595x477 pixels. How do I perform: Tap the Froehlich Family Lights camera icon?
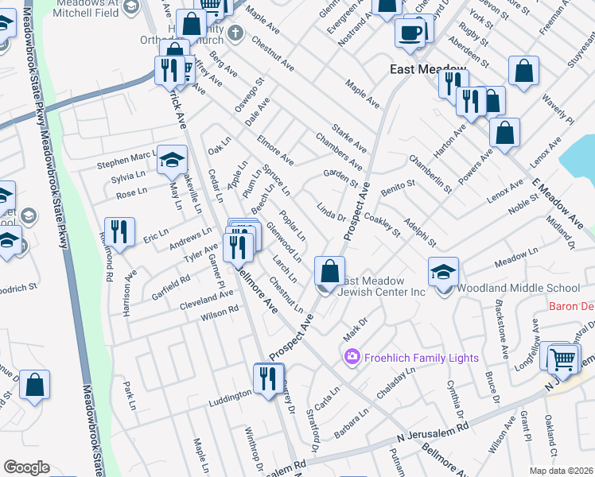tap(352, 358)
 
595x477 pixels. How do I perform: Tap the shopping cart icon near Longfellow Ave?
tap(562, 358)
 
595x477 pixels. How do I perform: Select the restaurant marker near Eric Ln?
tap(119, 231)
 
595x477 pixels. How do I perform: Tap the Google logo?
tap(26, 467)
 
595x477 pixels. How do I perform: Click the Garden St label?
tap(340, 178)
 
